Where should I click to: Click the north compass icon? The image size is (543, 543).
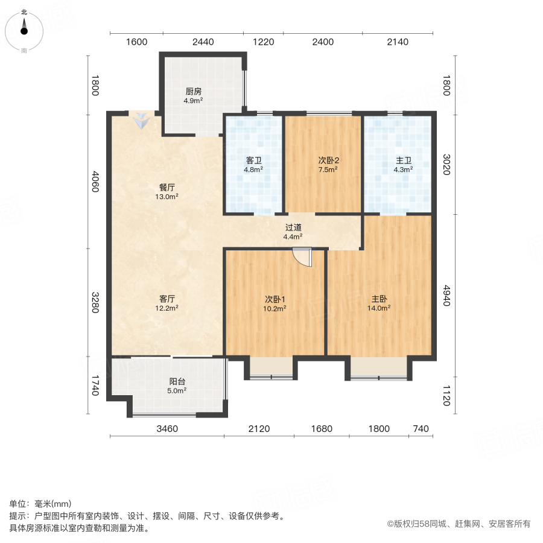[24, 30]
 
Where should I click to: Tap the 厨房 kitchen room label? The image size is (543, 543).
[193, 96]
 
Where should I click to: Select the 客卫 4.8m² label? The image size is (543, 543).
[254, 165]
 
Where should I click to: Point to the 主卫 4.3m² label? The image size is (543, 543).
[404, 165]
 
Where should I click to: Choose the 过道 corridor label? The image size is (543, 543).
[293, 232]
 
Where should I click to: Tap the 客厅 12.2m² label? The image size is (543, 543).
[167, 303]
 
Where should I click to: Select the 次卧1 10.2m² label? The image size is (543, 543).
[275, 303]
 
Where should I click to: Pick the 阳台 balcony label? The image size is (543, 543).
[177, 386]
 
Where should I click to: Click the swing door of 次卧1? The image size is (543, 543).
[301, 257]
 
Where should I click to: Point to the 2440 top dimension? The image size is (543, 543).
[203, 42]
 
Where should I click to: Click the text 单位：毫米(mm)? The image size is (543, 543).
[40, 504]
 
